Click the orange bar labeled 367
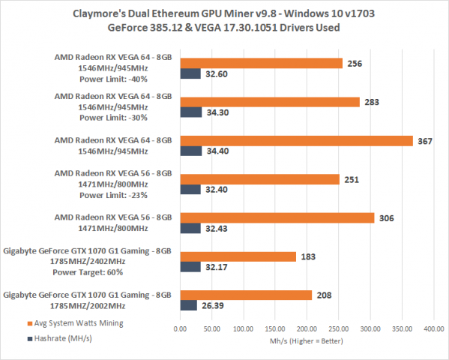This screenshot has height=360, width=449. coord(296,140)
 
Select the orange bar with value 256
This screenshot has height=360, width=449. coord(261,63)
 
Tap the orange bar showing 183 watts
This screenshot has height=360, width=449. coord(238,256)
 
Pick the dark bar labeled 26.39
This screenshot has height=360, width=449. coord(188,305)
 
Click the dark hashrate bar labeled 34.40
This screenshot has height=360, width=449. coord(190,151)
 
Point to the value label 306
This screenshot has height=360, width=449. coord(388,217)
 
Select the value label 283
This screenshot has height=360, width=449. coord(373,101)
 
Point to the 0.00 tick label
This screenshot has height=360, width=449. coord(180,328)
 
